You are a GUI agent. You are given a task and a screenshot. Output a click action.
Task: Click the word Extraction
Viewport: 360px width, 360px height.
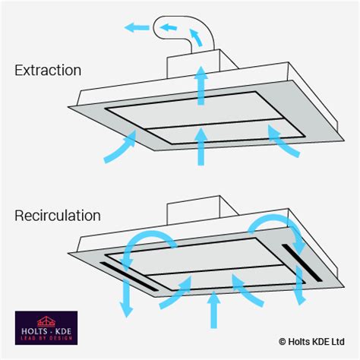point(47,71)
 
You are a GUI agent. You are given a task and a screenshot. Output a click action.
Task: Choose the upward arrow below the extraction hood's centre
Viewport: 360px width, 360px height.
point(201,147)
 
